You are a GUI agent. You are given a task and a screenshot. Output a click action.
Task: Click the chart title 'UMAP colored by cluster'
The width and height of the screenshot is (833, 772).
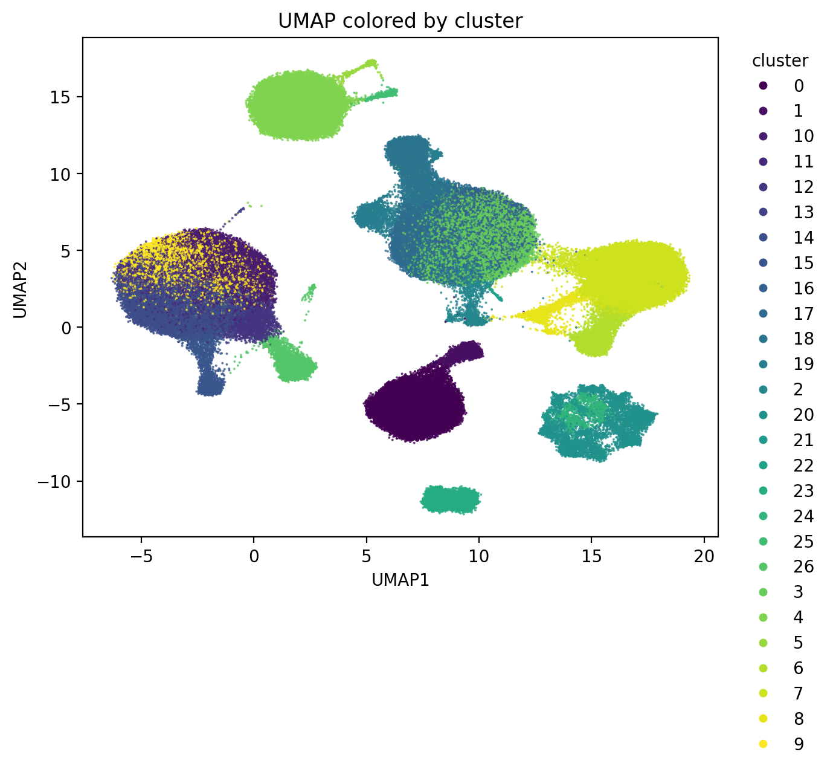pos(400,21)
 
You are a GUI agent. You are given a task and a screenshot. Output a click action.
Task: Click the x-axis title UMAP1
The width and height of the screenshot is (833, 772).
pos(400,580)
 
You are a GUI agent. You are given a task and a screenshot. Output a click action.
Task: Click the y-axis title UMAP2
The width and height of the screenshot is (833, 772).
pos(20,287)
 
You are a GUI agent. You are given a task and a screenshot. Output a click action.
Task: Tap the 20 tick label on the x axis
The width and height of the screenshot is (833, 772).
pos(704,556)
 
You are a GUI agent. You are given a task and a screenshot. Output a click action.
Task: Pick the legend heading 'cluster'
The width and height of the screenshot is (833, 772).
pos(780,61)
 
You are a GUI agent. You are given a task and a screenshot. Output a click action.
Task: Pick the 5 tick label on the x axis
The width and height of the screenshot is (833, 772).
pos(366,556)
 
